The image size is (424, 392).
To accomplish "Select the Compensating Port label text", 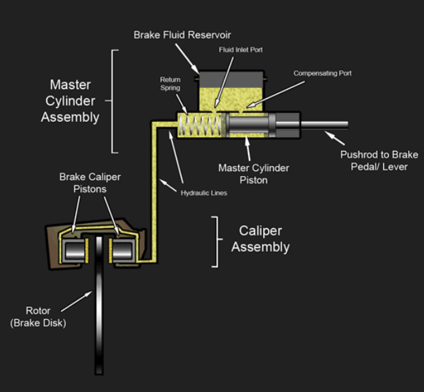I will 318,73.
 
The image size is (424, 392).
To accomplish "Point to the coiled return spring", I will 200,127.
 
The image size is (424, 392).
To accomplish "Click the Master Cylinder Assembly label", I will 69,100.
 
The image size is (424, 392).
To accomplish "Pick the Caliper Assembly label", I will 260,239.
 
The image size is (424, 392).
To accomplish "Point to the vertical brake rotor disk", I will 99,312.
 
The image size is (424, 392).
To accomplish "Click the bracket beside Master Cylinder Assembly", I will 114,100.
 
